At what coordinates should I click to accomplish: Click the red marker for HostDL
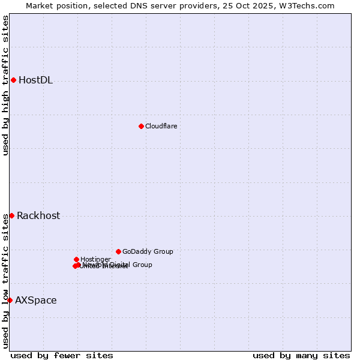point(13,80)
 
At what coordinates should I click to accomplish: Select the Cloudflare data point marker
point(141,126)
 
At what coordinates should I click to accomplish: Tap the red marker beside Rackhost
point(11,215)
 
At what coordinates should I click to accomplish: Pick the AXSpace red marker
point(10,300)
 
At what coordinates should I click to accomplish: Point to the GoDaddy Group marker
point(118,251)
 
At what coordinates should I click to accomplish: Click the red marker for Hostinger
point(76,259)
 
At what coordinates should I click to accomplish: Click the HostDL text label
point(35,80)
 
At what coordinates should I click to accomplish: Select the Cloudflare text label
point(161,126)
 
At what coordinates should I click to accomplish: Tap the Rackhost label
point(38,216)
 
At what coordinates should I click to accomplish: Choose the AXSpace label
point(36,301)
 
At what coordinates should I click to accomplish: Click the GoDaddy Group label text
point(148,252)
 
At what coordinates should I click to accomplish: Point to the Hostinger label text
point(95,259)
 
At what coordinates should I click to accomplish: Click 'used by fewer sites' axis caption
point(62,355)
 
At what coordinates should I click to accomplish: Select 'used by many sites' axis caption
point(301,355)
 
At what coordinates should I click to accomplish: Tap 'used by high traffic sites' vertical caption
point(6,85)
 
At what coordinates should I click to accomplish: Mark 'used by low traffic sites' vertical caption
point(6,281)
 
